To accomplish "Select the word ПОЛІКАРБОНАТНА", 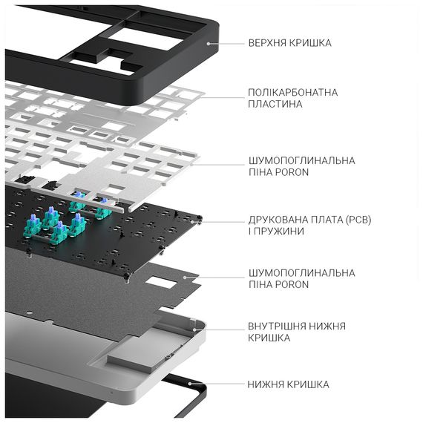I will pyautogui.click(x=293, y=93).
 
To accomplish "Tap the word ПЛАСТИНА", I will pyautogui.click(x=275, y=105).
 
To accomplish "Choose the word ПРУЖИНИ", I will pyautogui.click(x=282, y=232).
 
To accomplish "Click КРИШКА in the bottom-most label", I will pyautogui.click(x=307, y=384).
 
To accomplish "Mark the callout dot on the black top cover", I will pyautogui.click(x=209, y=43).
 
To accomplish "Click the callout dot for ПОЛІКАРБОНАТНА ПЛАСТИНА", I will pyautogui.click(x=199, y=96).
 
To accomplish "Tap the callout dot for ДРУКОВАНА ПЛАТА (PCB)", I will pyautogui.click(x=199, y=221).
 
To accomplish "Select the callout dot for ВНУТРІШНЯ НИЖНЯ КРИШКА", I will pyautogui.click(x=194, y=327).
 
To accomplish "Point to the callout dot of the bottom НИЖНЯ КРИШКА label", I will pyautogui.click(x=191, y=384).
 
